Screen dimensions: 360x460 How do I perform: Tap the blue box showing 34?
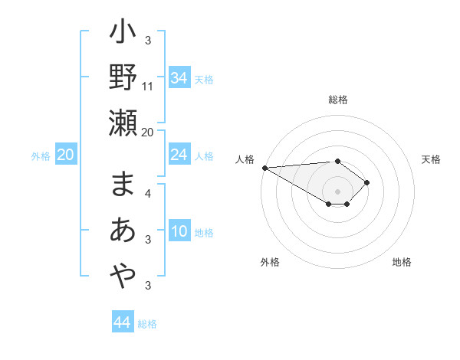(x=179, y=77)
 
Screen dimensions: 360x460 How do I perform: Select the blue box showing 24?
(x=179, y=155)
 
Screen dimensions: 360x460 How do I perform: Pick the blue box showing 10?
(x=179, y=232)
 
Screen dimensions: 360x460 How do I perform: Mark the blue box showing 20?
(x=66, y=155)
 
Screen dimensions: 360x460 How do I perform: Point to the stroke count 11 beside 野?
(x=148, y=86)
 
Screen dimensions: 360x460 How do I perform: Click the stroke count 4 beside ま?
(x=148, y=193)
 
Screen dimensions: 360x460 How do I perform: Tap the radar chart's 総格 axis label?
(x=337, y=100)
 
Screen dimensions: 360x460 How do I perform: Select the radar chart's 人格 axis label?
(x=245, y=159)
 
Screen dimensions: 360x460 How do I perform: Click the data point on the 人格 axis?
(x=264, y=168)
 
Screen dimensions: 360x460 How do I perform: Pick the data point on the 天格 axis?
(x=368, y=182)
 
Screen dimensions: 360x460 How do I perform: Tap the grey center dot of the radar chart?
(x=337, y=190)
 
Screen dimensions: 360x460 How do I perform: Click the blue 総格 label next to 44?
(x=147, y=324)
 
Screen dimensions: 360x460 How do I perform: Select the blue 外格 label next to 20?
(x=41, y=156)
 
